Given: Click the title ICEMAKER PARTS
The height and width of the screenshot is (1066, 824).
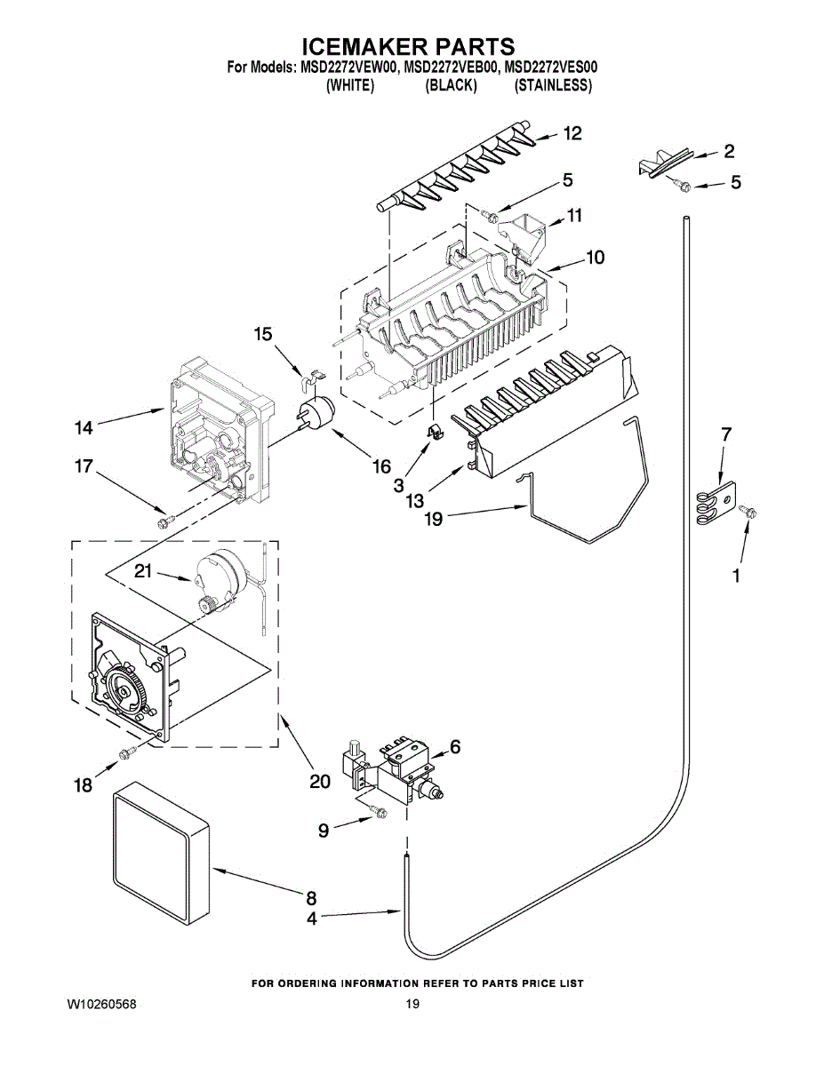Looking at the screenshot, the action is click(x=408, y=45).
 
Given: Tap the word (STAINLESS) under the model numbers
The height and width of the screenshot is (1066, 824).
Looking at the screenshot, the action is click(x=553, y=85).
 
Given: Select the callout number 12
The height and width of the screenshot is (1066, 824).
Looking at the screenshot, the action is click(x=572, y=133).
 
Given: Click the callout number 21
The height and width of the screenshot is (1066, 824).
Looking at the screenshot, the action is click(x=143, y=571).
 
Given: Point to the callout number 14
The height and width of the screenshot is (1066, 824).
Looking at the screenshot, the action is click(x=84, y=428).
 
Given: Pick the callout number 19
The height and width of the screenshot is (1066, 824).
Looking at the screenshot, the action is click(x=434, y=519).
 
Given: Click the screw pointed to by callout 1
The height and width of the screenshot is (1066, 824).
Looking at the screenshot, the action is click(x=748, y=511).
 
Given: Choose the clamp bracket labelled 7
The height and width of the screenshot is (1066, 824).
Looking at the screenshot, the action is click(x=716, y=505).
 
